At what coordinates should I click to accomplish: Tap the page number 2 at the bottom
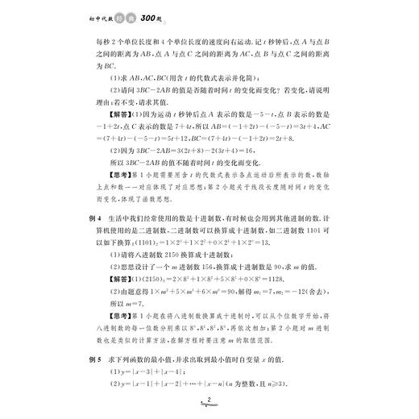coord(209,400)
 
